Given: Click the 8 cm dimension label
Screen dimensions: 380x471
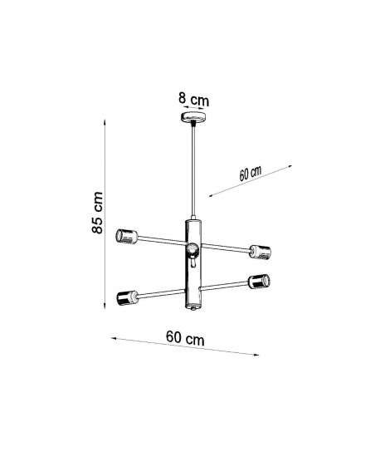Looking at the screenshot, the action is [194, 99].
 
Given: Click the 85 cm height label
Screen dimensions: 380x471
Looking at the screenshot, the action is [97, 213].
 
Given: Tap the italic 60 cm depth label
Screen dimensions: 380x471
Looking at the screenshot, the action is [250, 174].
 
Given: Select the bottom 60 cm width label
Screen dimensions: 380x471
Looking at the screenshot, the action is [185, 338].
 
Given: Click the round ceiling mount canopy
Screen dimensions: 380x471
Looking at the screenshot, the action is [193, 116].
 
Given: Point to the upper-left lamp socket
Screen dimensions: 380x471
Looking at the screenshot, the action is [126, 236].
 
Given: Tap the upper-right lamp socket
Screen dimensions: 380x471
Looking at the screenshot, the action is [261, 252].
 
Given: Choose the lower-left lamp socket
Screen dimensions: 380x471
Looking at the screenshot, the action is [127, 298].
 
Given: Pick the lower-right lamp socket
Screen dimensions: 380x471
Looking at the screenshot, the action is [259, 281].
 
